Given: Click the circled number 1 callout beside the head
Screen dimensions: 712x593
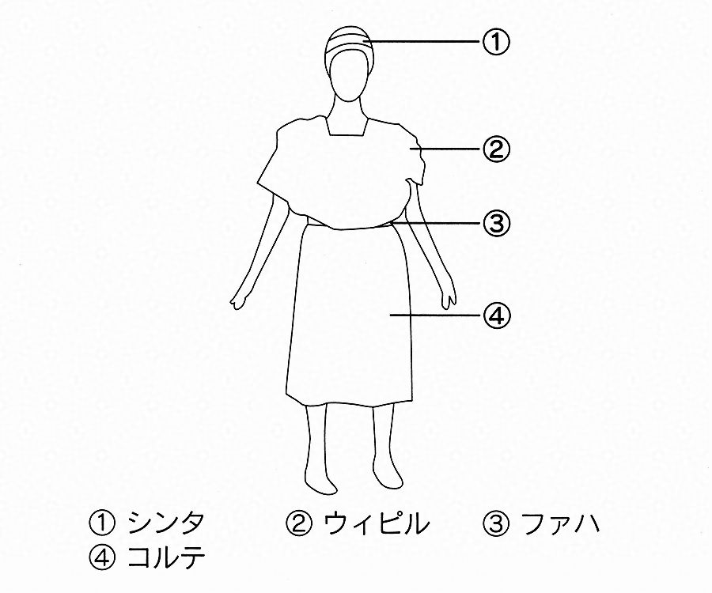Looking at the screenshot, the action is click(x=495, y=42).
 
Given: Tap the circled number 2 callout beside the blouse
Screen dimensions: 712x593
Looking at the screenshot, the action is click(x=496, y=149).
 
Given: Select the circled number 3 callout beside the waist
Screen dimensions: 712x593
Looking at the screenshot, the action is click(x=496, y=223).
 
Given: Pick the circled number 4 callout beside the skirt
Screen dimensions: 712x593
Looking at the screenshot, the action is click(x=496, y=314).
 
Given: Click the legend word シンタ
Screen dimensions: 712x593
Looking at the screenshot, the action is click(x=166, y=523).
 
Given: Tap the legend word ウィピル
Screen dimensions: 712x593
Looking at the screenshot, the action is click(x=376, y=523).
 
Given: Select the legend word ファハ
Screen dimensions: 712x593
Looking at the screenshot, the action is click(x=560, y=523).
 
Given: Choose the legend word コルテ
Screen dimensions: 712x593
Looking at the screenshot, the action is click(x=166, y=558).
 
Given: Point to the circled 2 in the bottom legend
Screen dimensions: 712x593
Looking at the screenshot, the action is click(x=299, y=523).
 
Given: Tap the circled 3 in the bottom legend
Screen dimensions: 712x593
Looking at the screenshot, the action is click(x=495, y=523).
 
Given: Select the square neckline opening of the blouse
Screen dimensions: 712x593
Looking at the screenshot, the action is click(x=349, y=127).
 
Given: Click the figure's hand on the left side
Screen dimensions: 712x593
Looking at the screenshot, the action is click(x=239, y=300).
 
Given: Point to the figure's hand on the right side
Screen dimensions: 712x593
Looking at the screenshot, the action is click(x=449, y=297).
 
